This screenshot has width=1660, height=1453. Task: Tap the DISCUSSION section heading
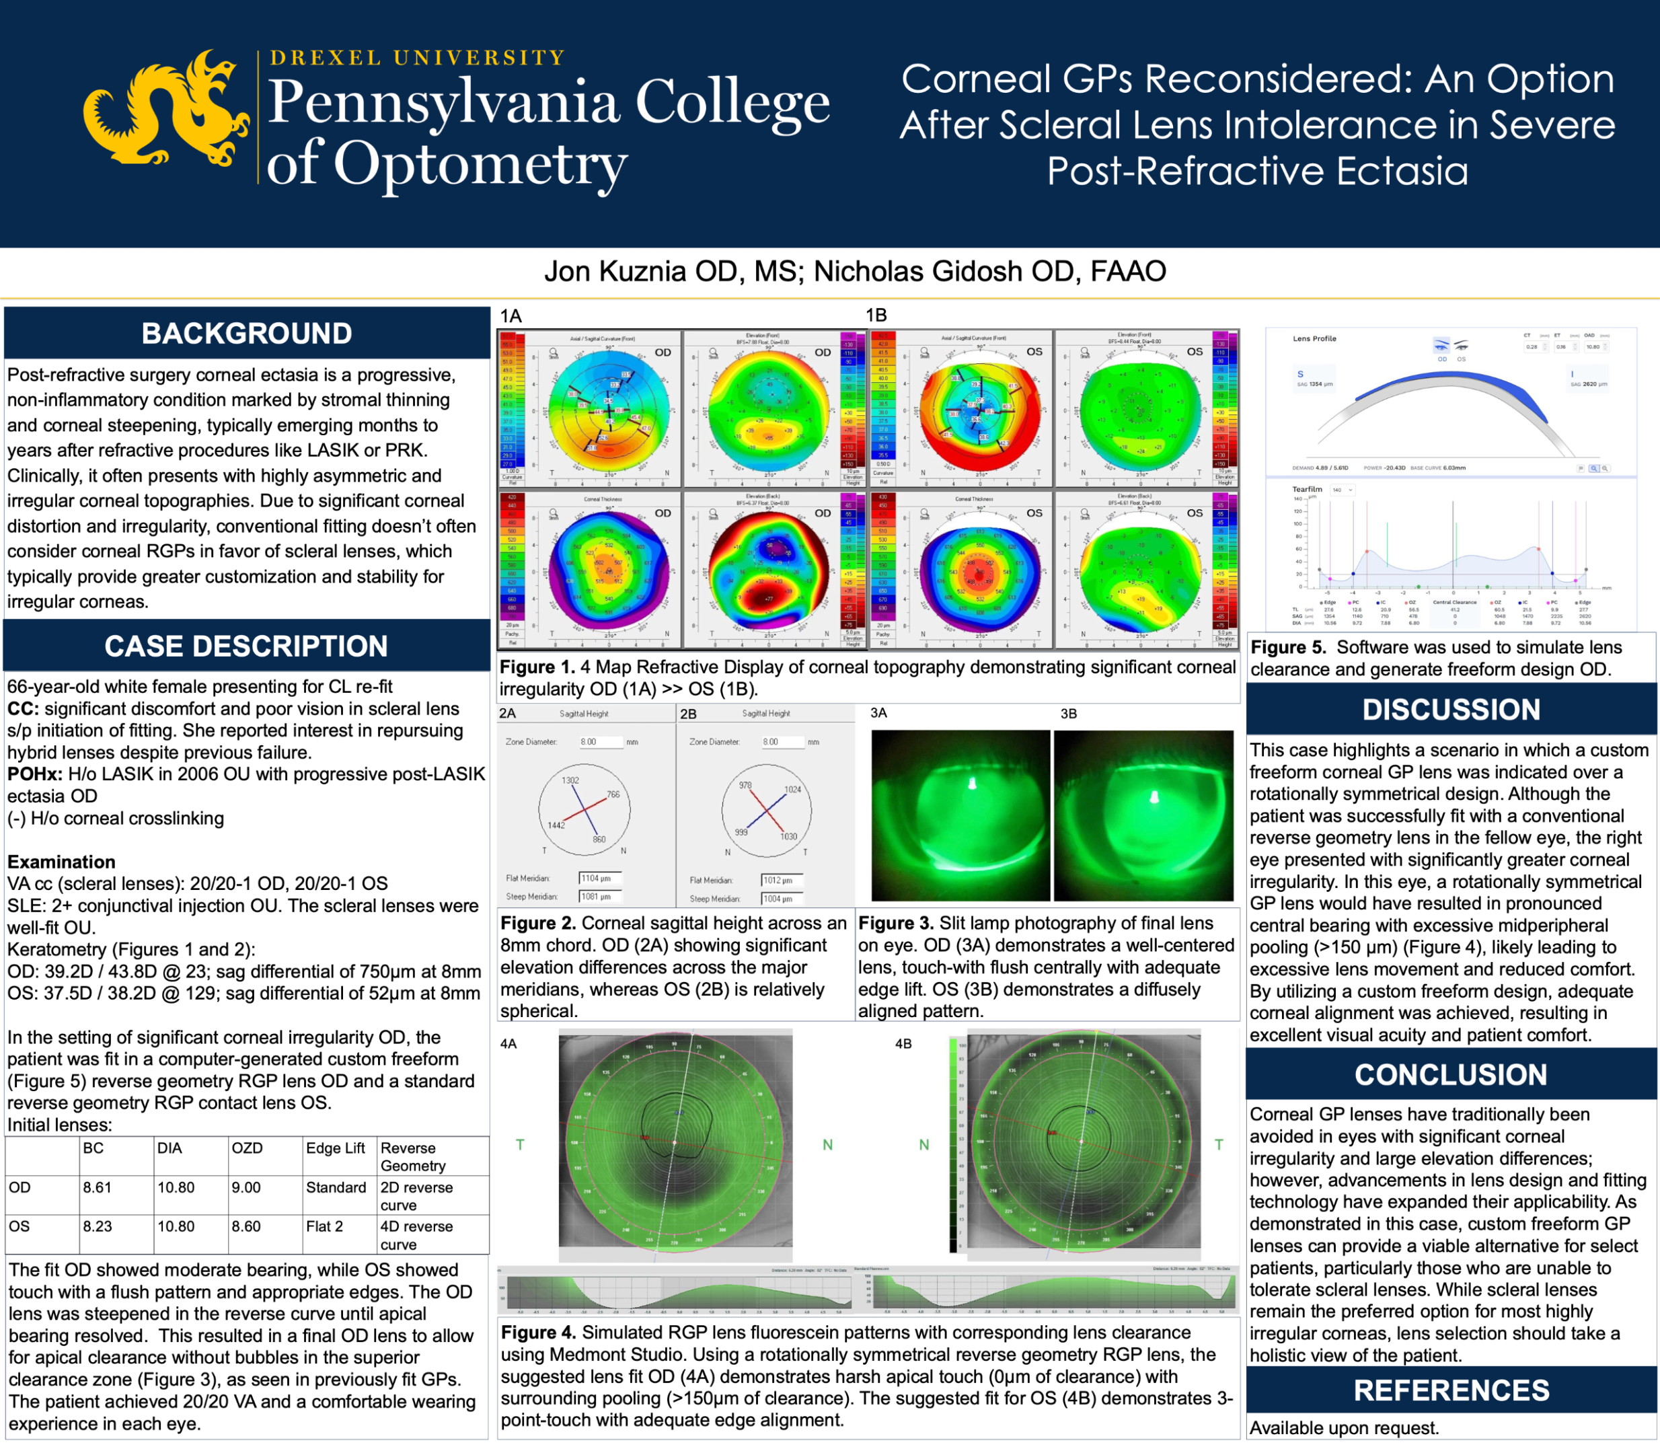(1451, 710)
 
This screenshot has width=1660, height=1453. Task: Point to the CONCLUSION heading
(1451, 1074)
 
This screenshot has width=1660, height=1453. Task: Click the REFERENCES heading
(1451, 1390)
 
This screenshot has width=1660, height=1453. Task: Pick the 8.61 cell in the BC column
(98, 1188)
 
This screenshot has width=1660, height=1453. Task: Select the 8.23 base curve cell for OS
(98, 1227)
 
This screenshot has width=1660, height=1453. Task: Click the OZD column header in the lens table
(248, 1148)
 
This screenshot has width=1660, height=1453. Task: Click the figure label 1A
(511, 316)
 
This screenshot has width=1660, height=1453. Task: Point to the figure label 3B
(1068, 714)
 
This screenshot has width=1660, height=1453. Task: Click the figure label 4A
(508, 1044)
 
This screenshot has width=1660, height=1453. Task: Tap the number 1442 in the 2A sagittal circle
(556, 825)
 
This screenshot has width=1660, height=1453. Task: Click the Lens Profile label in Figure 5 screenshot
(1314, 339)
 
